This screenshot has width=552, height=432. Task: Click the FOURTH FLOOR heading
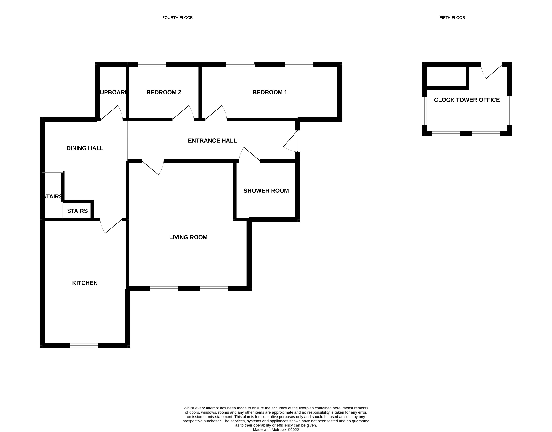click(177, 17)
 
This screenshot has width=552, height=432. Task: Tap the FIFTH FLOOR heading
click(452, 17)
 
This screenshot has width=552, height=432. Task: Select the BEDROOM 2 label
click(164, 92)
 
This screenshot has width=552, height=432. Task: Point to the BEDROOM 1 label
click(270, 92)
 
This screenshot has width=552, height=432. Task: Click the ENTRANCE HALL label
click(212, 141)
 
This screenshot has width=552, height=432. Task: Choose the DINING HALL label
click(85, 148)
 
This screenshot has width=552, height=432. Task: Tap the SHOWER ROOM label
click(266, 191)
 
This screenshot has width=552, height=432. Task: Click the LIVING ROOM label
click(188, 237)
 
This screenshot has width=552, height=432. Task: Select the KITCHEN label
click(85, 283)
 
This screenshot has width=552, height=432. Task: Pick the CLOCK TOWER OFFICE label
click(467, 100)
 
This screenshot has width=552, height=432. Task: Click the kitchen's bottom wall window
click(84, 345)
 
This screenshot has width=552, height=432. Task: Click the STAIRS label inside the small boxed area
click(77, 211)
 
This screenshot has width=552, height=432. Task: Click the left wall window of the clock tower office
click(424, 111)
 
